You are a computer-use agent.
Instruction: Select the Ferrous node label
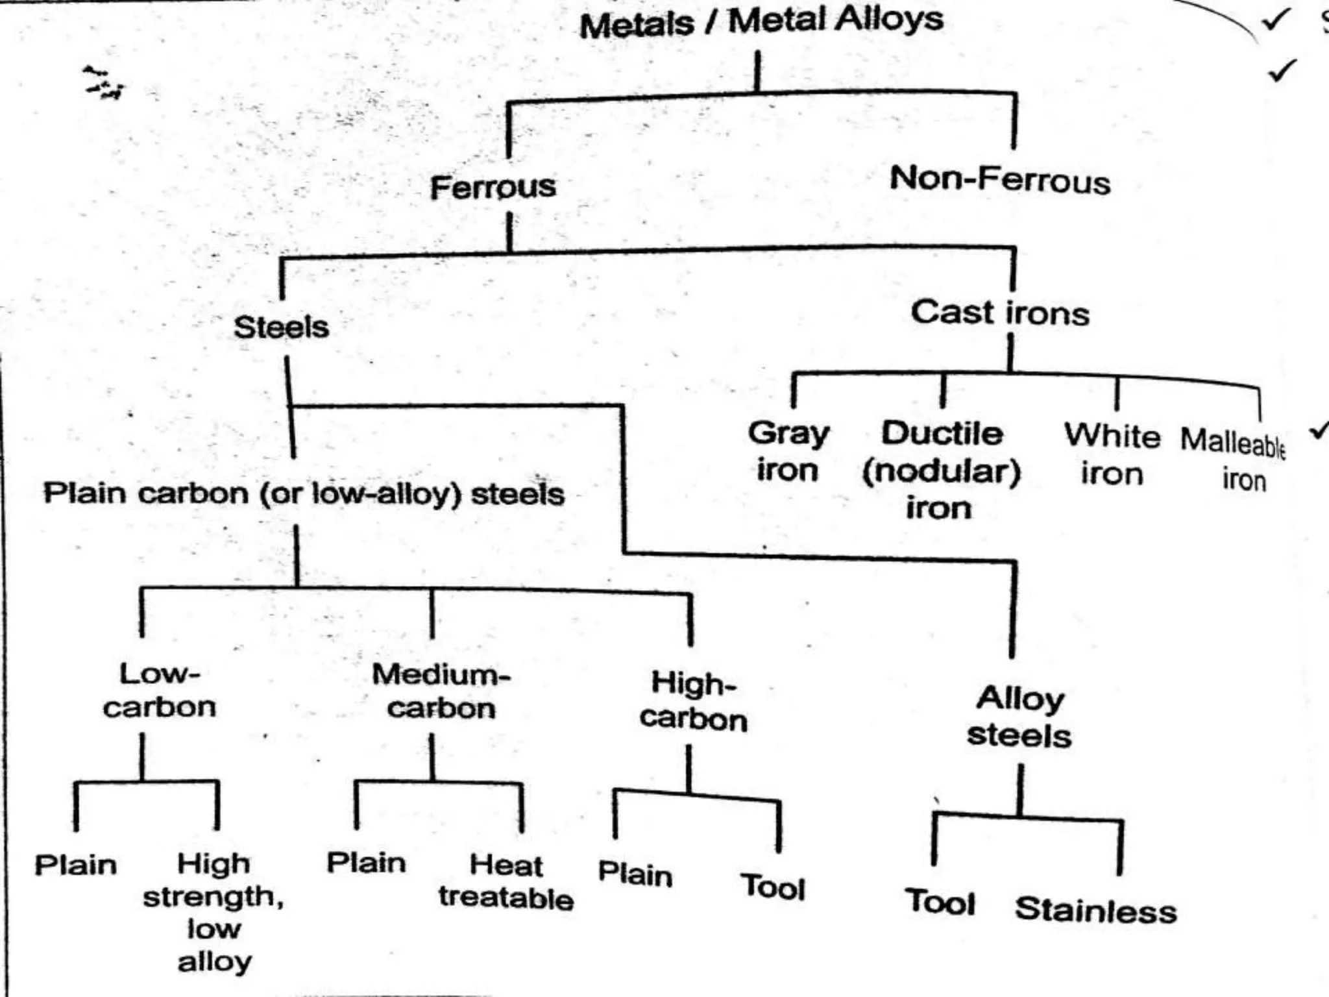[493, 188]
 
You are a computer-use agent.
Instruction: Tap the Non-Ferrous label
[1000, 179]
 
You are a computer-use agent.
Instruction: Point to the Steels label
[281, 326]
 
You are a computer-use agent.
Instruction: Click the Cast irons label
[1000, 313]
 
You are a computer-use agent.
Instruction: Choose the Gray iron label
[788, 451]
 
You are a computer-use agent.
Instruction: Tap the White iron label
[1112, 454]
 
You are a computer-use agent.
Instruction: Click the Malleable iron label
[1233, 460]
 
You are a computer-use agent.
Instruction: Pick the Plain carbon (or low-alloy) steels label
[304, 494]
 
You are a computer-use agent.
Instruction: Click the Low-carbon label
[159, 691]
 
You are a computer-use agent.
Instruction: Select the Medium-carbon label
[441, 692]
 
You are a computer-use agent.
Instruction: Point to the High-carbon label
[693, 702]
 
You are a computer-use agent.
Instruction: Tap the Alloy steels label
[1019, 717]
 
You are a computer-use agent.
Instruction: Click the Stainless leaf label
[1095, 909]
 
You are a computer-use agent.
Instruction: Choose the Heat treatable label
[506, 881]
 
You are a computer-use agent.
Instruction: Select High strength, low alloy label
[213, 912]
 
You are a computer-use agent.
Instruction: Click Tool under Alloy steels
[940, 902]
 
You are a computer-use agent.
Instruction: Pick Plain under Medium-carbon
[366, 863]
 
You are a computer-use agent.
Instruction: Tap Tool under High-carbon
[772, 887]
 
